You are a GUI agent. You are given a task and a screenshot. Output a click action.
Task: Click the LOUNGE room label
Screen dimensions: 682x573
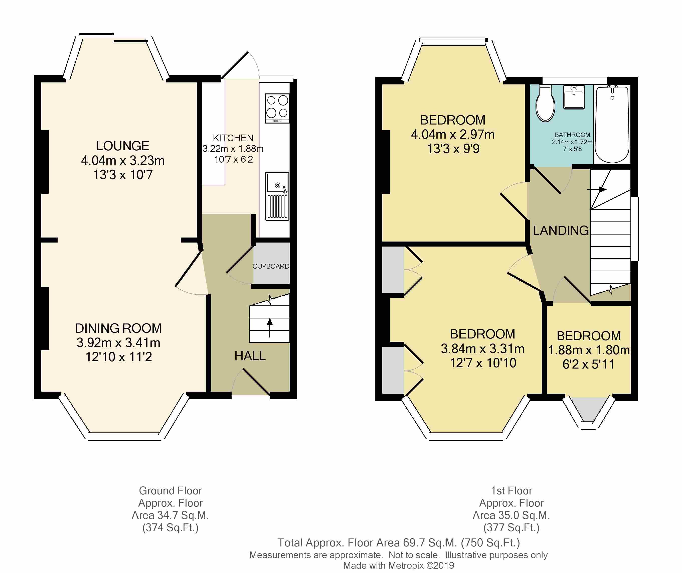(123, 146)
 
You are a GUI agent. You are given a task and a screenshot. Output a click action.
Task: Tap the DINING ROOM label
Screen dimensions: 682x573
(118, 328)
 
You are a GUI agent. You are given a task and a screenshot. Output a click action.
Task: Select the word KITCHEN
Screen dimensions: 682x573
(233, 138)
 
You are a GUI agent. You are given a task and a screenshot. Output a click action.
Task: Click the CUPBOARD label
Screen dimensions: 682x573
(271, 266)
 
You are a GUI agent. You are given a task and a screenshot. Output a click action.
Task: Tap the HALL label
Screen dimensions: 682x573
(250, 356)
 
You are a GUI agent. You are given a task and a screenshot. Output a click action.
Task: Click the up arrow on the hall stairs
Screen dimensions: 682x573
(270, 328)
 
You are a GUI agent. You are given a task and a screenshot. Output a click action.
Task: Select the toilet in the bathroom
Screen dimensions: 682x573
(545, 103)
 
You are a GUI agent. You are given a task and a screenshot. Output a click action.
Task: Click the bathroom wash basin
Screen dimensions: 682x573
(574, 97)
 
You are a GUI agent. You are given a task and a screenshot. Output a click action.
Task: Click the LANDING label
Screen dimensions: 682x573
(561, 231)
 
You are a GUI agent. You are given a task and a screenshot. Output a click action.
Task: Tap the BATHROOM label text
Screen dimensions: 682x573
(572, 135)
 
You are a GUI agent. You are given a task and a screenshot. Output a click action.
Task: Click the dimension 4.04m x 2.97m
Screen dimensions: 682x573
(453, 134)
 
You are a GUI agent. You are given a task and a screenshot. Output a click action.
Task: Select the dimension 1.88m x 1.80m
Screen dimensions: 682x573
(589, 350)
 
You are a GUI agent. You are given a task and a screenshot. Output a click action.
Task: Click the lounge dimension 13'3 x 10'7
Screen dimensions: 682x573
(123, 175)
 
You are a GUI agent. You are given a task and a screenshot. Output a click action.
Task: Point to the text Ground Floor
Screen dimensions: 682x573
(170, 491)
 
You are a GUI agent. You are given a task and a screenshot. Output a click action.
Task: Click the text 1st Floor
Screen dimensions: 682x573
(511, 491)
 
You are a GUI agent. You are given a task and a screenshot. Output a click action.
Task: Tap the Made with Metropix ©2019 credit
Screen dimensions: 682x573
(399, 565)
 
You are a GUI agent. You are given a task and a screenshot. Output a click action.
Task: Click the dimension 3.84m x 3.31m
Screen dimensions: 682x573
(483, 349)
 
